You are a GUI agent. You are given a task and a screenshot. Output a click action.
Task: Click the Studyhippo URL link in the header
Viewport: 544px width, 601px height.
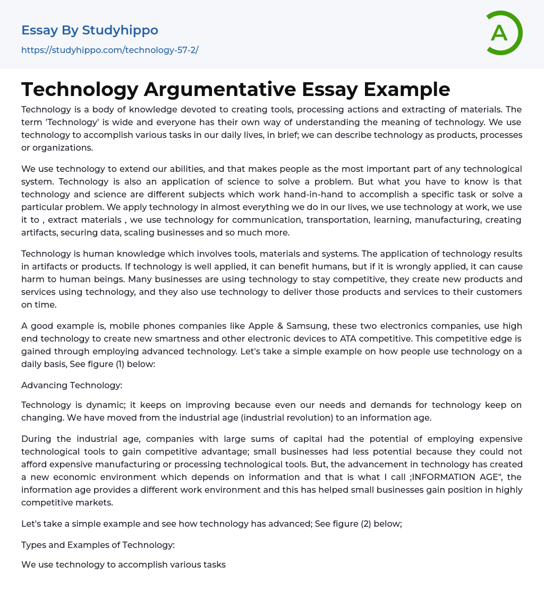[110, 50]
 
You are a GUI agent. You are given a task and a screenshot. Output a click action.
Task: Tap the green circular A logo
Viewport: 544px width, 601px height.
[500, 33]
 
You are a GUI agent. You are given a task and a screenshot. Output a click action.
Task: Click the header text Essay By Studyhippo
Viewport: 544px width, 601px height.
[90, 30]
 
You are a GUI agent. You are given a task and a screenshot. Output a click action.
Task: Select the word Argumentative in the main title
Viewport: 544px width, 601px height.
[219, 89]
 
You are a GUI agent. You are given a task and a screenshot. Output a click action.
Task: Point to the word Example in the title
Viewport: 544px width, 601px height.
[407, 89]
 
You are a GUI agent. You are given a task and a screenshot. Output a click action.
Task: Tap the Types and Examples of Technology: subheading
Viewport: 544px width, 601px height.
[98, 544]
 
